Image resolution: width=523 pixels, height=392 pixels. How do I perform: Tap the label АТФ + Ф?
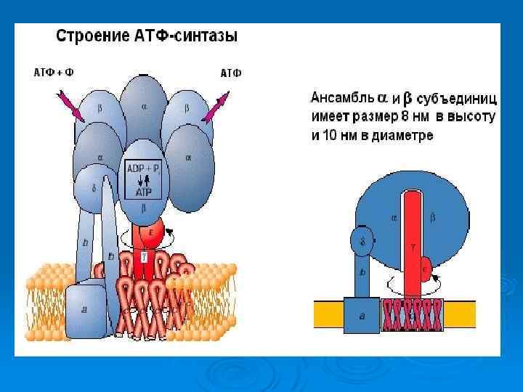click(x=54, y=73)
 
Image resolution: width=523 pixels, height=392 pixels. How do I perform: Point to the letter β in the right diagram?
click(x=433, y=216)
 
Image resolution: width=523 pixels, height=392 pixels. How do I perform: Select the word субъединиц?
click(x=457, y=97)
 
